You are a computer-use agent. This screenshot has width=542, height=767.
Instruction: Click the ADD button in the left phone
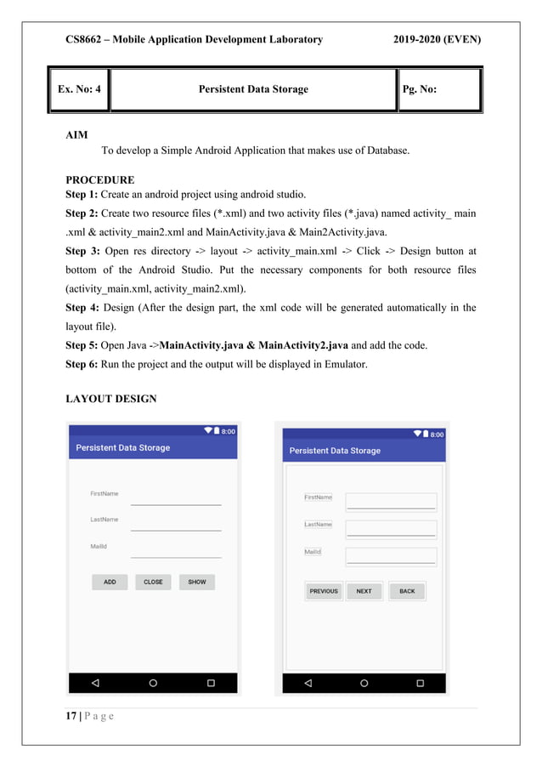pos(110,582)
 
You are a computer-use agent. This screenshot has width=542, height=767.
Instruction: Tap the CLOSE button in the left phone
pos(153,582)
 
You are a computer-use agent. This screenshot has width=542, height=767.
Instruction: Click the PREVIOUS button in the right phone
pos(324,591)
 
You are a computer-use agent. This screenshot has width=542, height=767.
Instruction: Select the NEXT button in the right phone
pos(364,591)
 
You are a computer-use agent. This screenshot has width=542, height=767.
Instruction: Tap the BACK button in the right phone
pos(407,591)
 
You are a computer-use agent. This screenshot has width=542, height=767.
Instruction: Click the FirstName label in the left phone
pos(104,493)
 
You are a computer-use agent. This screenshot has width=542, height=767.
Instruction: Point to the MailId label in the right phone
pos(313,552)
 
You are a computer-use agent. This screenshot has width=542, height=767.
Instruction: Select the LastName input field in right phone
pos(391,529)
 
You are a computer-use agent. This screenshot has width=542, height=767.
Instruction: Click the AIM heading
pos(76,135)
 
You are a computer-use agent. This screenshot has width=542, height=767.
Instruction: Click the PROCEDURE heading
pos(99,180)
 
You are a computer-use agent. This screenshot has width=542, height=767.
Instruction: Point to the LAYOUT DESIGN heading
pos(110,399)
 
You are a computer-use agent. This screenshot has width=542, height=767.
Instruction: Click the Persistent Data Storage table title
pos(253,89)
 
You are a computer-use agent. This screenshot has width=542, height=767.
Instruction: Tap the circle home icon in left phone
pos(153,682)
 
